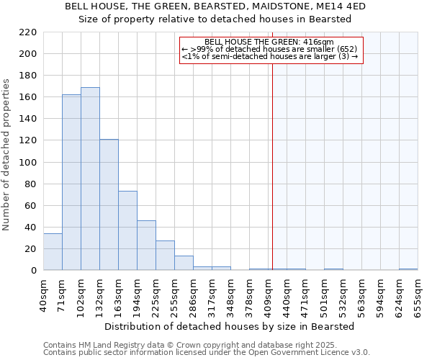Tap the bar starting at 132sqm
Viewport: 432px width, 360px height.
coord(109,204)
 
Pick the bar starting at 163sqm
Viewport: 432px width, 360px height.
coord(127,230)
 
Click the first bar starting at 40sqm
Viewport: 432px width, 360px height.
coord(53,252)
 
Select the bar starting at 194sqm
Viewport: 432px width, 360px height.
coord(146,246)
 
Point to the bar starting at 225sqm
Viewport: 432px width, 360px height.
coord(165,256)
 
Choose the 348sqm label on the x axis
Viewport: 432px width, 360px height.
coord(230,296)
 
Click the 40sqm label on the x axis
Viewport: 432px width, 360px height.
coord(43,296)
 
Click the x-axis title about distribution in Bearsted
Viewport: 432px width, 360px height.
coord(229,326)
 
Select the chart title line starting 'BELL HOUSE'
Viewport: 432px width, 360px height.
coord(215,6)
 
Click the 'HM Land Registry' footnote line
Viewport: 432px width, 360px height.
coord(191,345)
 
